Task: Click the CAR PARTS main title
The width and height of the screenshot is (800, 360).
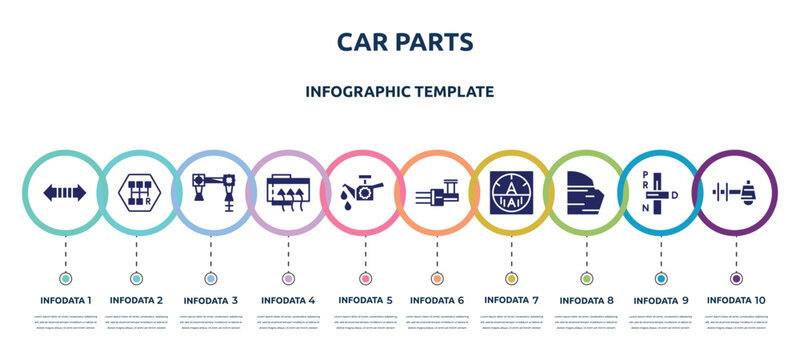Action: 400,41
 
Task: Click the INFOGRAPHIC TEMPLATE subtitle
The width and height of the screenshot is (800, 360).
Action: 400,91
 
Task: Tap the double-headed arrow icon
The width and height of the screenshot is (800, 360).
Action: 65,192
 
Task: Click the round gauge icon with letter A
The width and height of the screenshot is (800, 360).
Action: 511,192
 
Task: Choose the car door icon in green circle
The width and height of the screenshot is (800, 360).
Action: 585,192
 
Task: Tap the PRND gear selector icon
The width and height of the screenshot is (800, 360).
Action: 659,192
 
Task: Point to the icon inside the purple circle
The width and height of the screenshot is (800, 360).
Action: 736,192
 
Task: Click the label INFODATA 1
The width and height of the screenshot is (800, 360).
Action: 65,299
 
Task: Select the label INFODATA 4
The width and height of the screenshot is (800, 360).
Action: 288,299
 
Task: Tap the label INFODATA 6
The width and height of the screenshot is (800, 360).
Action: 437,299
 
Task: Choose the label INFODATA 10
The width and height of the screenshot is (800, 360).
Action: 736,299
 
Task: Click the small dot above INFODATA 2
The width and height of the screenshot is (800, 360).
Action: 136,277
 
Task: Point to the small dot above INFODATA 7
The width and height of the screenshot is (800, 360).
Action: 511,277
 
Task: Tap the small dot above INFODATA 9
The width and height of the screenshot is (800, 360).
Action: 661,277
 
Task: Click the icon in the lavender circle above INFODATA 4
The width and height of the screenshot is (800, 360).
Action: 288,192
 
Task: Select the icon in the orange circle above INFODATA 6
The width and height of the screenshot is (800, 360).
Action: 437,192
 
